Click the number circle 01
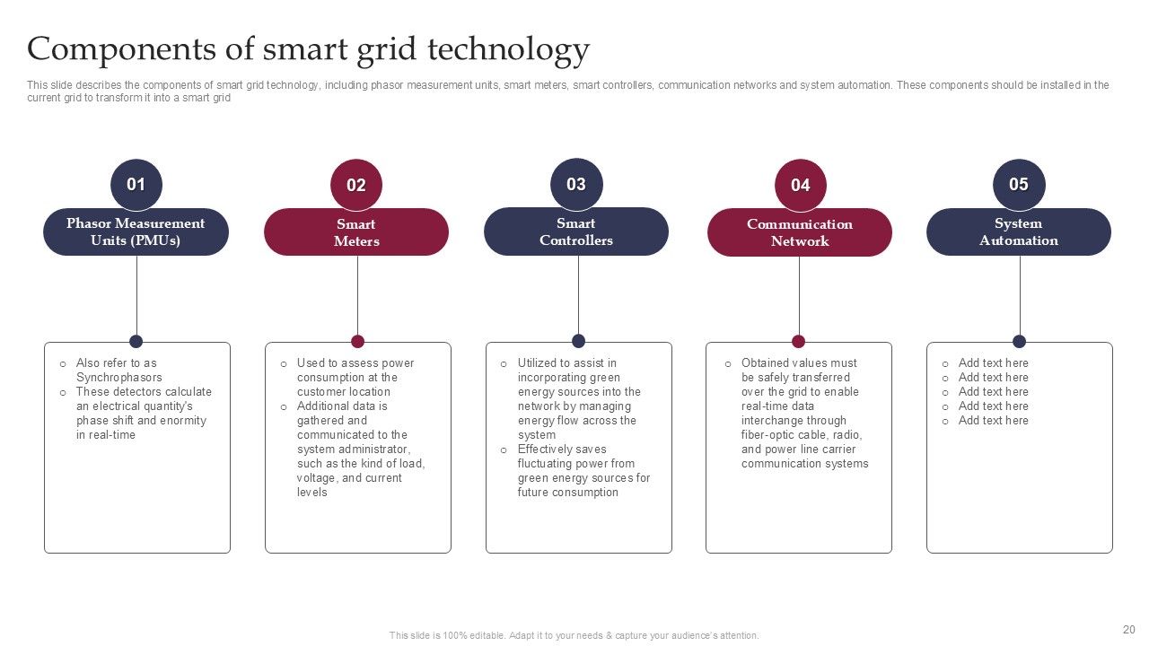(136, 185)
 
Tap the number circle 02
(356, 186)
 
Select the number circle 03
(576, 185)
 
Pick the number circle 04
(800, 186)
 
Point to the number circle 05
(1018, 185)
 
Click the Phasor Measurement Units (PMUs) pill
(136, 232)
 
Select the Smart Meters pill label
(356, 232)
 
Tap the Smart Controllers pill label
(576, 232)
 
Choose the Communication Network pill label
(800, 232)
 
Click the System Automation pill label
(1018, 232)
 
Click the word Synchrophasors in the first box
(119, 378)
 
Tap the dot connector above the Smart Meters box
(357, 341)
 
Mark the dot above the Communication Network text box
(798, 341)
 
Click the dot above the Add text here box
(1019, 341)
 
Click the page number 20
(1129, 630)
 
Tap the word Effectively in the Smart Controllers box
(549, 450)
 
